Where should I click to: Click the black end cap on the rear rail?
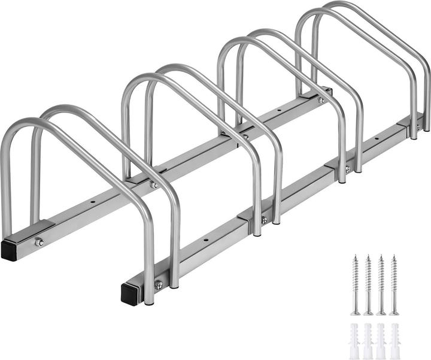click(10, 250)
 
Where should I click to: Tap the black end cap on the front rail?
click(130, 294)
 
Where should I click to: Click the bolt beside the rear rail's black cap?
click(39, 242)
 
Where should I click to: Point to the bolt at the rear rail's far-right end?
click(321, 100)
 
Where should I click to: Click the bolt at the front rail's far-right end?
click(418, 127)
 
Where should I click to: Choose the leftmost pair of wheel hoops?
click(90, 180)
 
